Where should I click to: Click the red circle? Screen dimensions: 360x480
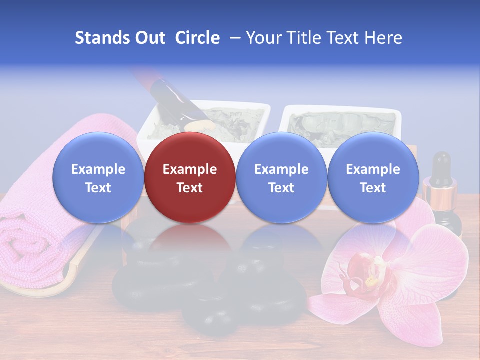coord(190,177)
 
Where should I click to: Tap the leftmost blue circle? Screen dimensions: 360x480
coord(98,177)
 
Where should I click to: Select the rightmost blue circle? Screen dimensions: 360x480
coord(373,177)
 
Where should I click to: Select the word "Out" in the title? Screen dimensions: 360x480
coord(151,38)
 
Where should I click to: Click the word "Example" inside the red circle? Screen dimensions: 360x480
coord(190,169)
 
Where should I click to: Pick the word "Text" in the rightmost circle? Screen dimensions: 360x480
coord(373,188)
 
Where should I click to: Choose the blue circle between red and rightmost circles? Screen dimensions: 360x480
coord(281,177)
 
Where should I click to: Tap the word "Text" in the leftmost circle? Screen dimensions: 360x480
coord(98,188)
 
